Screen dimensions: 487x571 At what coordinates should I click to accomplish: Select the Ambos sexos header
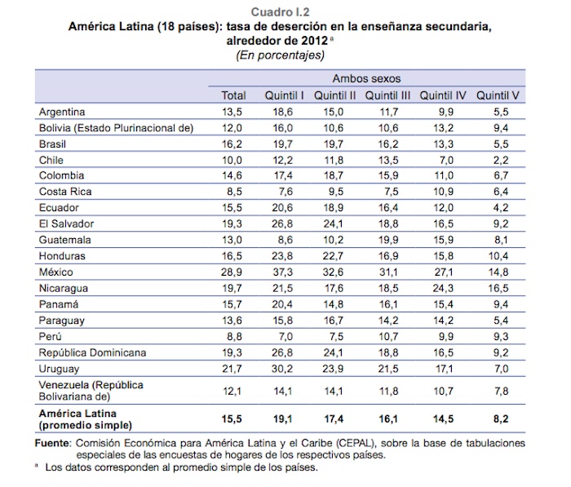[x=367, y=79]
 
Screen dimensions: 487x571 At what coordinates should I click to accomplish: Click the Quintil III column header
[x=387, y=95]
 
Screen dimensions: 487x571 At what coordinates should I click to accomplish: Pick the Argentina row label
[x=63, y=112]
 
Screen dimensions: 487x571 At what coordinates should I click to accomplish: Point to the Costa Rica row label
[x=65, y=192]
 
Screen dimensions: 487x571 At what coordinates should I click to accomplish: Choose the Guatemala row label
[x=66, y=240]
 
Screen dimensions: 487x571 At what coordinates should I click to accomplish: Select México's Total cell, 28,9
[x=234, y=272]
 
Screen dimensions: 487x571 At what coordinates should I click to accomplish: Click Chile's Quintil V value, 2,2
[x=501, y=160]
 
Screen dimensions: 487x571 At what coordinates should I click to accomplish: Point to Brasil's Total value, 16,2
[x=234, y=144]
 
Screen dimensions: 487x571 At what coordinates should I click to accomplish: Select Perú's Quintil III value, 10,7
[x=388, y=335]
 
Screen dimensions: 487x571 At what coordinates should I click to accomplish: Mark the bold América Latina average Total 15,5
[x=234, y=418]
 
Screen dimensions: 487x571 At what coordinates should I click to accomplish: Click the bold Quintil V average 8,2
[x=501, y=418]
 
